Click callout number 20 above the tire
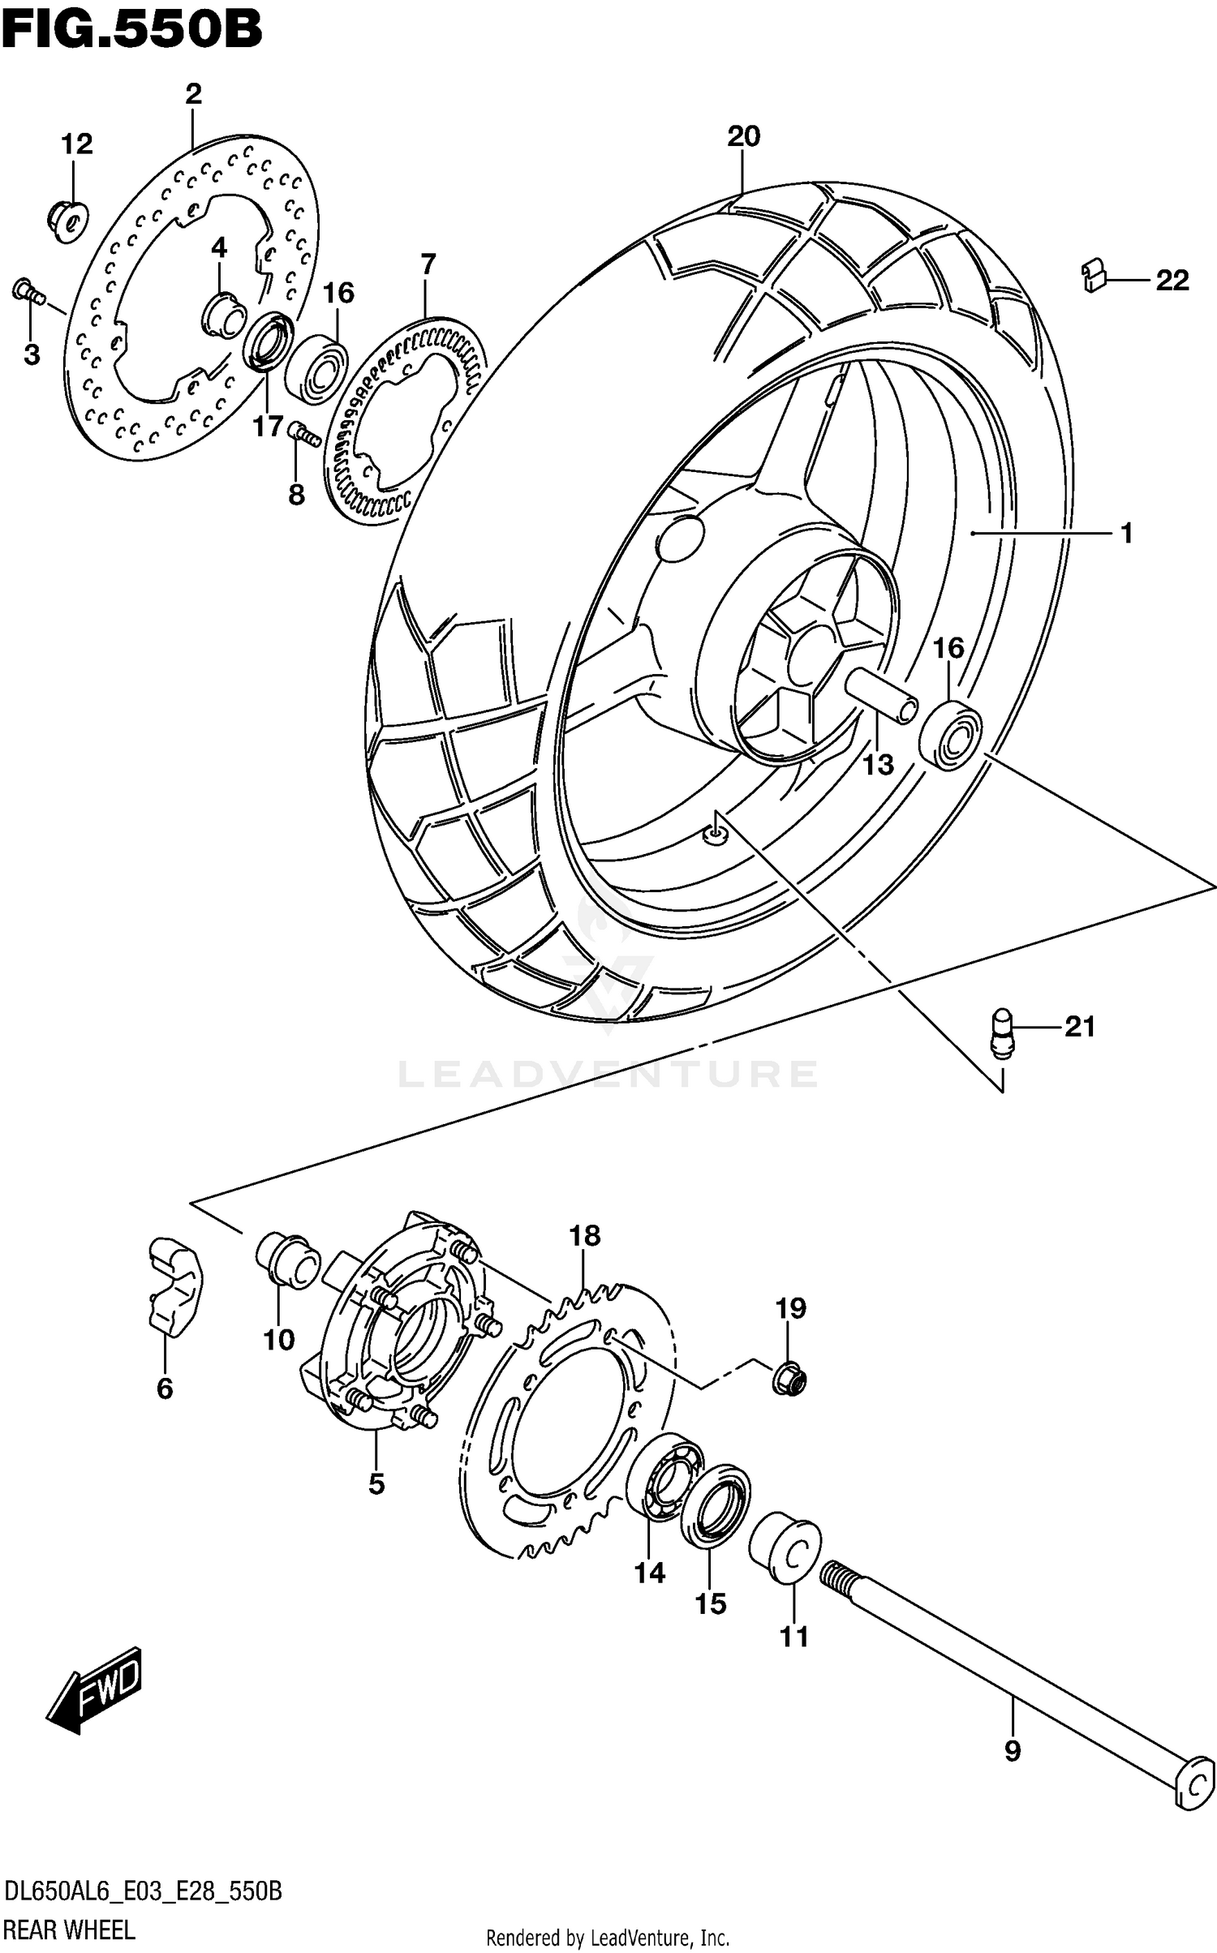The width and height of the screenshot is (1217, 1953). [743, 136]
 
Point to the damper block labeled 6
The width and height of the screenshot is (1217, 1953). [174, 1286]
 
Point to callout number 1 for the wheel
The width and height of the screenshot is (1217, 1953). [1126, 533]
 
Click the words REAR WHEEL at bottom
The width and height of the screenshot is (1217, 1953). [70, 1929]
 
